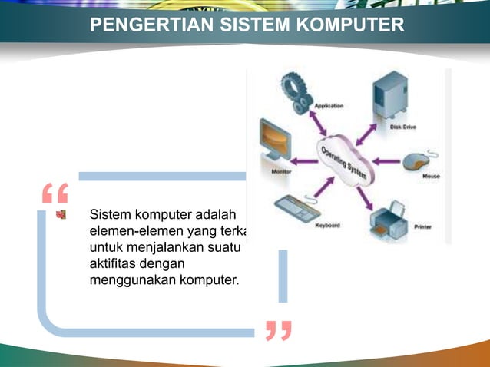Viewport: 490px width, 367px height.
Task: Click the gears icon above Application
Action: point(296,89)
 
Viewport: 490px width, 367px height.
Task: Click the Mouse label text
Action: point(431,177)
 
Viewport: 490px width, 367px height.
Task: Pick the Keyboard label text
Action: point(327,226)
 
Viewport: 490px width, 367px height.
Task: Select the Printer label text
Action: point(423,227)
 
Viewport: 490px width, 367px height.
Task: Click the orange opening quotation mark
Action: point(55,193)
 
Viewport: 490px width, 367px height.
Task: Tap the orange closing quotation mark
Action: point(278,331)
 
